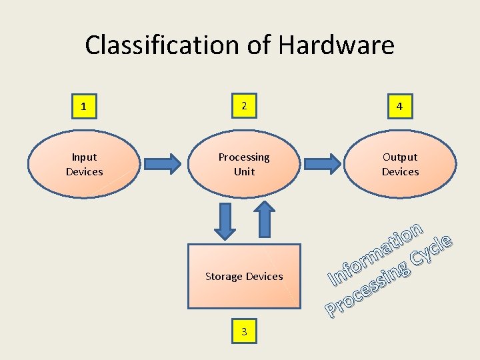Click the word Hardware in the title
pos(336,45)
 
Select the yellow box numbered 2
pos(244,106)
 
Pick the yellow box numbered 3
pos(244,331)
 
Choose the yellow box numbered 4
pos(399,107)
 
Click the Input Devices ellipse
pos(84,164)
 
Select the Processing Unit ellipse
pos(244,164)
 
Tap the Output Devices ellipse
pos(400,164)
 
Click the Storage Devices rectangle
pos(244,276)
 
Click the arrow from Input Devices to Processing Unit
pos(162,163)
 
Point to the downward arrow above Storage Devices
pos(225,221)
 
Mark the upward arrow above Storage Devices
pos(264,219)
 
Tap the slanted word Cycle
pos(432,249)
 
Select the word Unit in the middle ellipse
pos(244,171)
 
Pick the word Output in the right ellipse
pos(400,157)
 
